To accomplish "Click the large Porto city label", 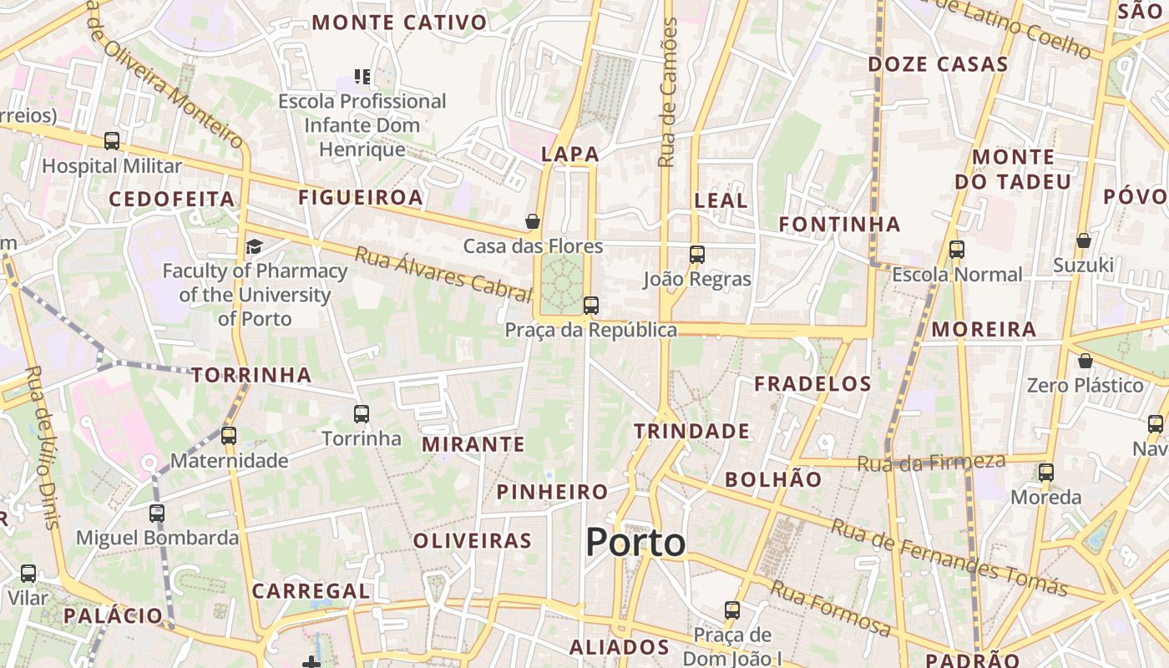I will point(635,543).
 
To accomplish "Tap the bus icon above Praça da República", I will point(591,306).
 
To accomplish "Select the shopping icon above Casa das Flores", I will point(533,221).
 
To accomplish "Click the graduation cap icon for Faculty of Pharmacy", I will point(254,246).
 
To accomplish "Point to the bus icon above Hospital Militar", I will point(112,141).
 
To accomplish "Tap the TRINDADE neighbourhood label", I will point(691,431).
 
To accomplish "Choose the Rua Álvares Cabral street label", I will point(443,274).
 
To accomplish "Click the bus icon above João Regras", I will point(697,255).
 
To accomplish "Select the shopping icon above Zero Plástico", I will point(1085,361).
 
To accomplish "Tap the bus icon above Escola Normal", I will point(957,250).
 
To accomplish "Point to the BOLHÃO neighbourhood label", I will point(773,479).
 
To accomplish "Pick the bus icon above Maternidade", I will point(228,436).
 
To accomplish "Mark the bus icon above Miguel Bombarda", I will point(157,514).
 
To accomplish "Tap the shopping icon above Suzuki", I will point(1083,240).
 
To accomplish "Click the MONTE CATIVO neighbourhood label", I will point(399,23).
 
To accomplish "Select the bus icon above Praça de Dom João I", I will point(732,610).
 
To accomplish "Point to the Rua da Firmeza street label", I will point(932,462).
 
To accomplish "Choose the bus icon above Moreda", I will point(1046,473).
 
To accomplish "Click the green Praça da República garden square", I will point(562,283).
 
